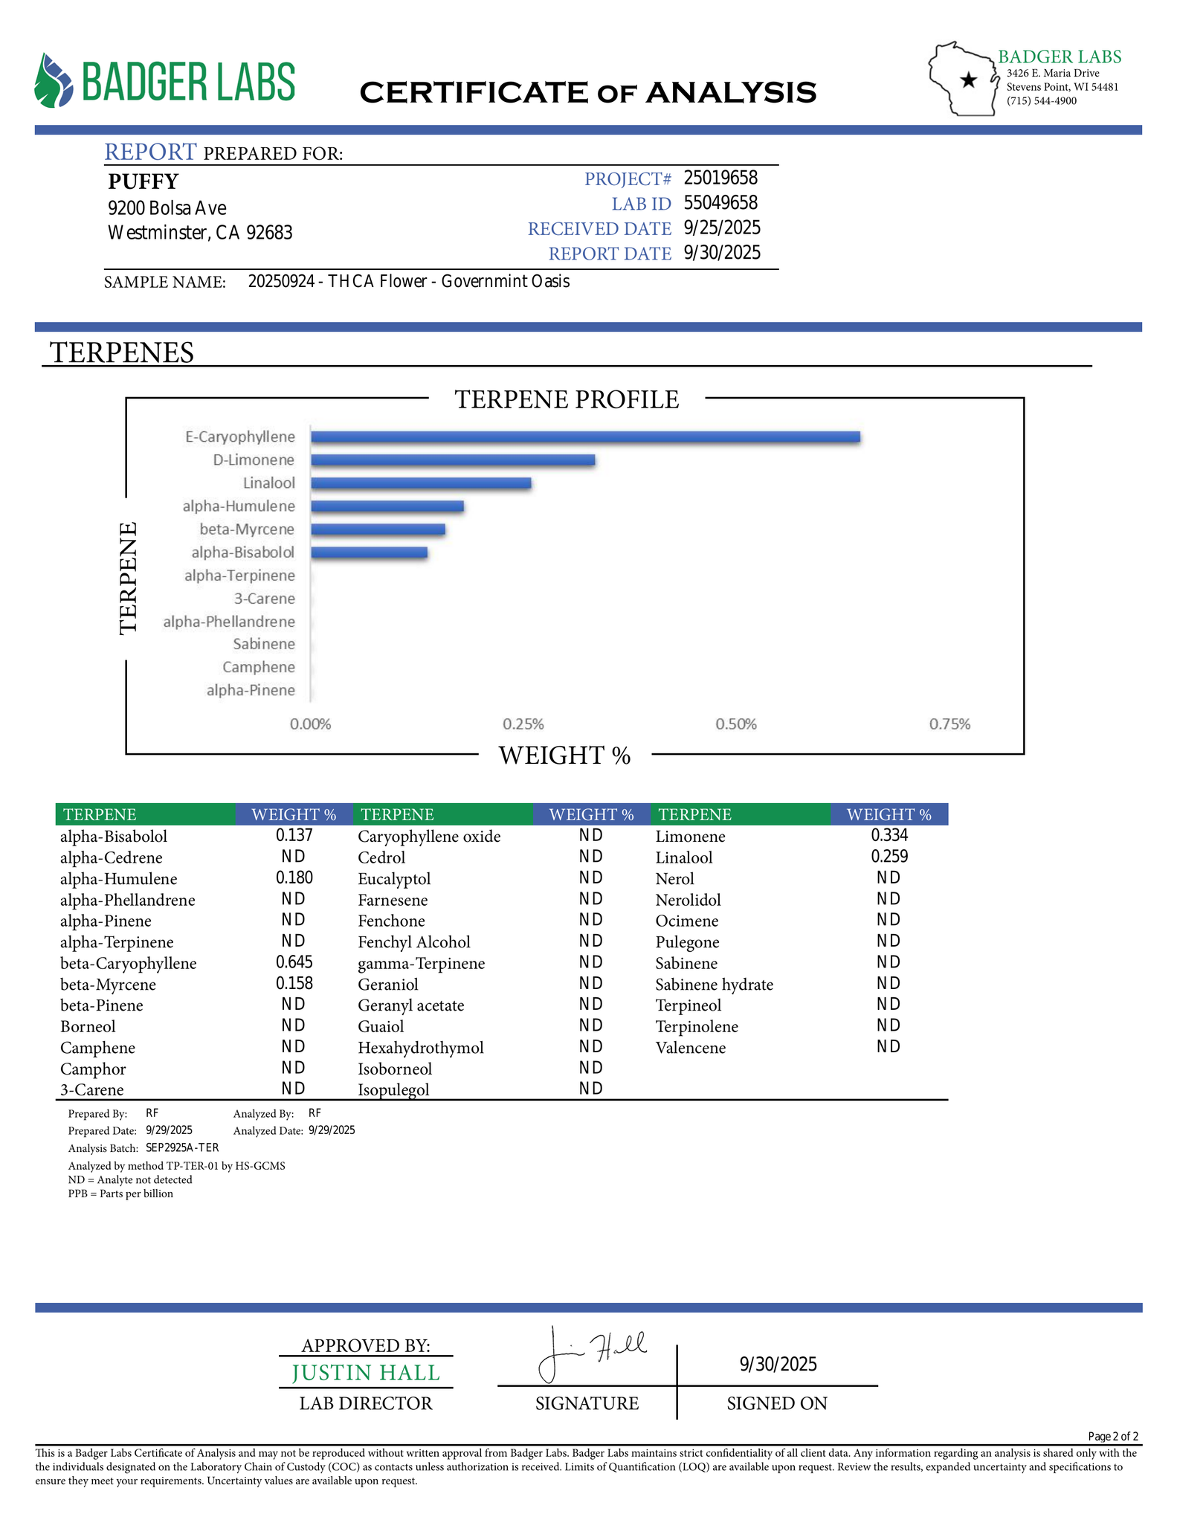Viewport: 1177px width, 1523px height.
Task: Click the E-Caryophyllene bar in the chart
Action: (585, 437)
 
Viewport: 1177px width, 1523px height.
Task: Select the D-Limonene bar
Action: (452, 460)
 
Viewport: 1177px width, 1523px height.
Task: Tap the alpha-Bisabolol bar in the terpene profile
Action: (369, 553)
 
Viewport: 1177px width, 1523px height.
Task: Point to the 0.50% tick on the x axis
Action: (736, 724)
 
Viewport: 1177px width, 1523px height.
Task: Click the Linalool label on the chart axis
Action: (268, 483)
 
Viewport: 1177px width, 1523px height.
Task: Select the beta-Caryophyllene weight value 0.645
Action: (294, 962)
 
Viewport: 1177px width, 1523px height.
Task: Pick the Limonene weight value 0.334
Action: (889, 836)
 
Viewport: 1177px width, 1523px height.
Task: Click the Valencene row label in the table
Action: (690, 1048)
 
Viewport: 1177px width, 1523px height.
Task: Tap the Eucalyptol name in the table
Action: (394, 879)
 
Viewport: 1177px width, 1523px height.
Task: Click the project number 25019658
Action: (720, 178)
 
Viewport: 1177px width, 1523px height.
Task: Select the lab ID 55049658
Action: (720, 203)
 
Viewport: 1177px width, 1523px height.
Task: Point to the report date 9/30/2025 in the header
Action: (722, 253)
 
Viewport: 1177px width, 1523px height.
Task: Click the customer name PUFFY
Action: (144, 181)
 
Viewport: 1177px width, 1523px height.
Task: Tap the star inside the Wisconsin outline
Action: (968, 80)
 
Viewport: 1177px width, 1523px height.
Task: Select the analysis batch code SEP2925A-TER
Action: (182, 1147)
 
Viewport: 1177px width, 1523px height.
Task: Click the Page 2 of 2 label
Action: (1112, 1436)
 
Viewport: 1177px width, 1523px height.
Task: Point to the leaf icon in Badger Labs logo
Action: (54, 80)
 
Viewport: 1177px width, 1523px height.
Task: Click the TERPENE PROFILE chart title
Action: (567, 399)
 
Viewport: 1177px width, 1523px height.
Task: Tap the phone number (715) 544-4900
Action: (1041, 101)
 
